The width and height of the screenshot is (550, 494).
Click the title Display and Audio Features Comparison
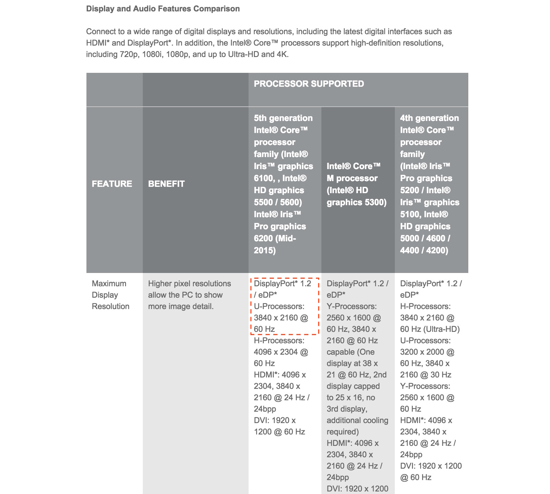tap(163, 9)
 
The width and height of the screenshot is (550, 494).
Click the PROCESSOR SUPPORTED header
tap(309, 84)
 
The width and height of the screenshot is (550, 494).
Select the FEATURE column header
tap(112, 184)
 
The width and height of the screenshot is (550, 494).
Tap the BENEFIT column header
tap(166, 184)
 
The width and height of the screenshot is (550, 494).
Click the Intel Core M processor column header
tap(357, 184)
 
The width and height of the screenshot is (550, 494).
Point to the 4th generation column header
tap(429, 184)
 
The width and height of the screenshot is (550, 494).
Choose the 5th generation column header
tap(283, 184)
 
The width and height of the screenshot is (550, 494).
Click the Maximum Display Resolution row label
tap(111, 295)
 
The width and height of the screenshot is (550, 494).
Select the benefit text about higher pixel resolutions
tap(189, 295)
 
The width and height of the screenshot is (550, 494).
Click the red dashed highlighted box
tap(284, 306)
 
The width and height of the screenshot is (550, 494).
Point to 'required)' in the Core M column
tap(343, 432)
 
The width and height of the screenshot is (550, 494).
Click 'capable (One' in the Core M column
tap(351, 352)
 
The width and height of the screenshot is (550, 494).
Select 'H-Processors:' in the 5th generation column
tap(279, 340)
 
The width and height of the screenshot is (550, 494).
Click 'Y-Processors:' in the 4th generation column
tap(425, 386)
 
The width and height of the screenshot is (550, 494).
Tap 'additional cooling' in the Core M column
tap(357, 420)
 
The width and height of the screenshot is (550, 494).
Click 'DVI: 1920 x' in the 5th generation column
tap(275, 420)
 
